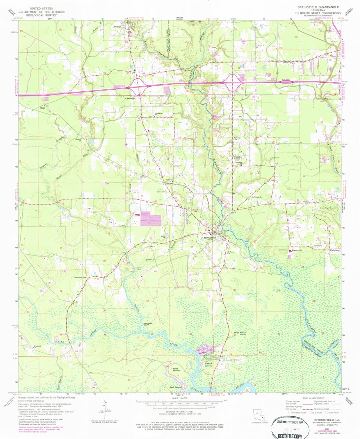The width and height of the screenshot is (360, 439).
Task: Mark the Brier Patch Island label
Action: (x=241, y=334)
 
